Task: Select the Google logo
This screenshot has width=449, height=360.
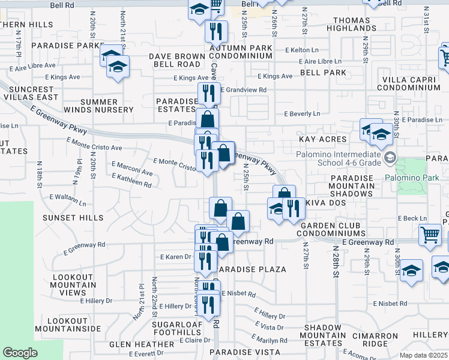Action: pyautogui.click(x=20, y=353)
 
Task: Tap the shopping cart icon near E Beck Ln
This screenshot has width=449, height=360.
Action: pyautogui.click(x=430, y=235)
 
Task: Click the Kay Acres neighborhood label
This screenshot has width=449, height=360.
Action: pyautogui.click(x=323, y=139)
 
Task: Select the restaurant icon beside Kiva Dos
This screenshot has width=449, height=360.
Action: pyautogui.click(x=292, y=208)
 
